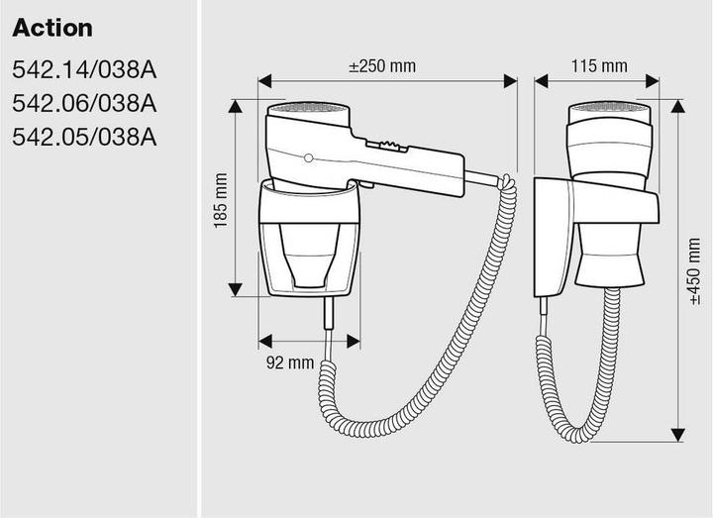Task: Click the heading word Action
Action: (x=52, y=28)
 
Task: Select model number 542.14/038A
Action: (x=84, y=70)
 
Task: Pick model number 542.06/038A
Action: (x=84, y=103)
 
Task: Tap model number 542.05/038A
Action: (x=84, y=137)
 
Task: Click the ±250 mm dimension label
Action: (x=382, y=66)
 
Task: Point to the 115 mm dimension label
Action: (x=599, y=66)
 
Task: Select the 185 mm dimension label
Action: (x=221, y=200)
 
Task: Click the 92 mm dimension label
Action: (x=290, y=363)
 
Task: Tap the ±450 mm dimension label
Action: (x=694, y=271)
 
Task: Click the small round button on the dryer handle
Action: (x=308, y=158)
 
